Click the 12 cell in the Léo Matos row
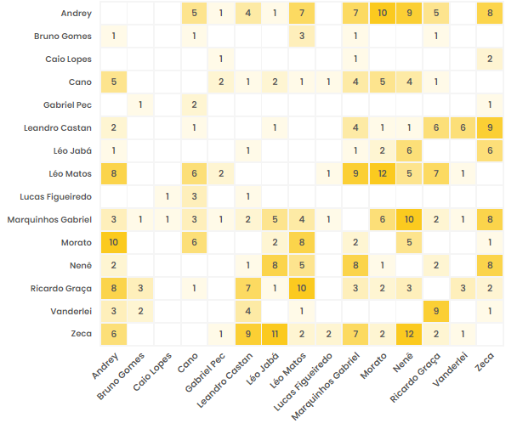point(383,173)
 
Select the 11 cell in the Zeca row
point(275,334)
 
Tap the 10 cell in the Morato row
point(113,242)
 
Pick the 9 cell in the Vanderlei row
point(436,311)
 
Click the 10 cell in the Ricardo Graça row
point(302,288)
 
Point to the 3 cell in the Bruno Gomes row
point(302,36)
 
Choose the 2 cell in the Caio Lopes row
point(490,59)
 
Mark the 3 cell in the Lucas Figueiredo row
point(194,196)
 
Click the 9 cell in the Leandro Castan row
point(490,127)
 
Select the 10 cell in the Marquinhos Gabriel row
point(409,219)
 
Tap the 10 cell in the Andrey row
point(383,13)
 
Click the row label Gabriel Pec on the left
point(69,104)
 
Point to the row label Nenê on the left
point(80,265)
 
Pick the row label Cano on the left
point(81,82)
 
